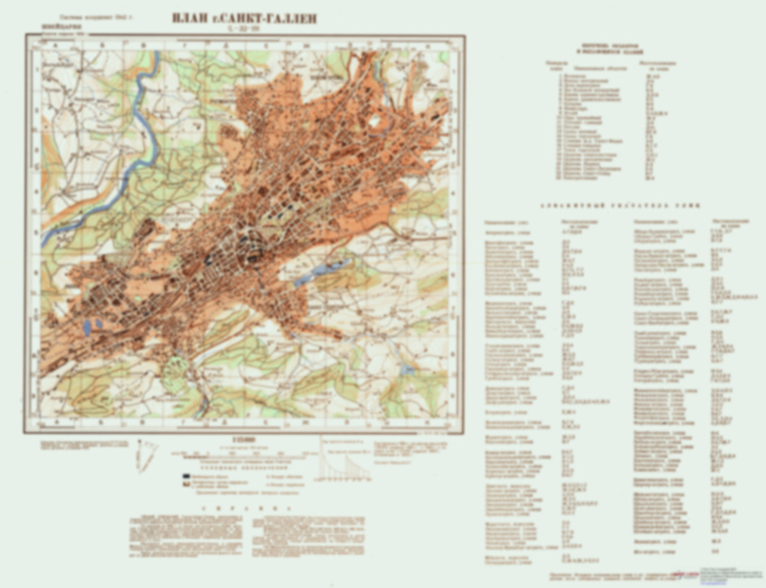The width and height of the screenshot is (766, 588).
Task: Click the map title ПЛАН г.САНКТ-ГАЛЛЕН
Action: tap(244, 19)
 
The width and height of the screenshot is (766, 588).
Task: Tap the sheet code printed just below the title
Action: tap(244, 29)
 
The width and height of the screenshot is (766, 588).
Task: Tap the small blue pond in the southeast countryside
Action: tap(407, 369)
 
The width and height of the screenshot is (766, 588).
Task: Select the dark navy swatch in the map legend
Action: tap(187, 476)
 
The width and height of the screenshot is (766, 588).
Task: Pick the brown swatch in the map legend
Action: tap(187, 484)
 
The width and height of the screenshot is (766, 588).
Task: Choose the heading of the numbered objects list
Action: tap(612, 49)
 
